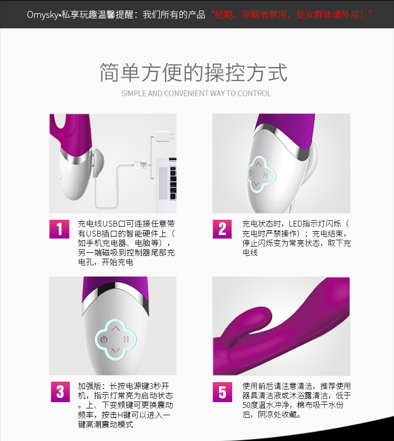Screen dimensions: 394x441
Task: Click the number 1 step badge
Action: [x=59, y=229]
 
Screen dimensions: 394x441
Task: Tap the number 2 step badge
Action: [x=222, y=229]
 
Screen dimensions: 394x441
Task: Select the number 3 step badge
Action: [x=60, y=392]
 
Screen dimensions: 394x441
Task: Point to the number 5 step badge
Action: [x=222, y=392]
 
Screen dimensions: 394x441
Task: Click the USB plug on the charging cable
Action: [x=140, y=165]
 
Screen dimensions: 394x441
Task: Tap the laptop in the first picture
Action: [x=167, y=179]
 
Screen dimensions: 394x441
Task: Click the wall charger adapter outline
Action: [x=164, y=137]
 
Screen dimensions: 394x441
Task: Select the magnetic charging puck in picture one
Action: [x=98, y=163]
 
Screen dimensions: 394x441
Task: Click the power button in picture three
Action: [x=104, y=339]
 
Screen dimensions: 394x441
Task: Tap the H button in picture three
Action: [x=126, y=339]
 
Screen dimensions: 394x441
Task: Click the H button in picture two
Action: [x=265, y=176]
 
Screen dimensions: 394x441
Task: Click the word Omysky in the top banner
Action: [x=43, y=15]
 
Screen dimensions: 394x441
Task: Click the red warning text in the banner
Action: [x=292, y=14]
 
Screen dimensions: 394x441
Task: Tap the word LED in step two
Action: [x=295, y=224]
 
